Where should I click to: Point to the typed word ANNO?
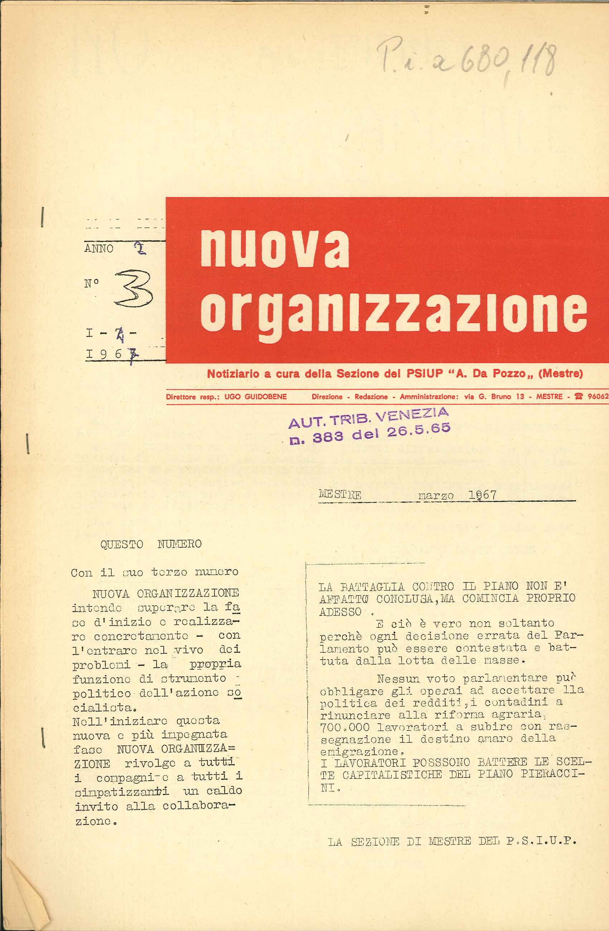(x=99, y=249)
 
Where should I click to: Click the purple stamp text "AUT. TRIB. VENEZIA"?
(x=368, y=418)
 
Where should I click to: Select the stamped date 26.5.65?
(x=418, y=430)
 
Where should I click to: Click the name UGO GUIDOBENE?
(x=255, y=397)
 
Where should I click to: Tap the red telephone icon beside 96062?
(x=578, y=396)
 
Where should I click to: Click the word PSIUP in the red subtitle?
(x=424, y=373)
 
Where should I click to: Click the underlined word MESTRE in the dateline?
(x=340, y=495)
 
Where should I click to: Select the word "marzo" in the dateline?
(x=436, y=496)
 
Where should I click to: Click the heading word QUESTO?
(x=122, y=545)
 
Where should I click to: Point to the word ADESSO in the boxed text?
(x=340, y=612)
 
